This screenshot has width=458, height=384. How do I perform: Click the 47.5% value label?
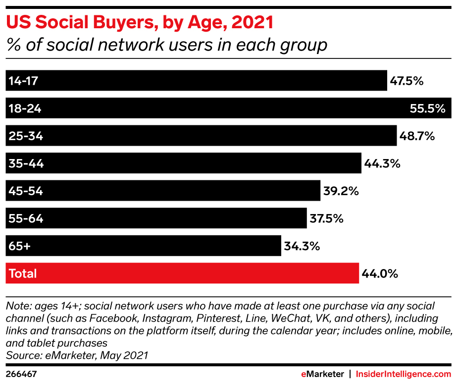407,81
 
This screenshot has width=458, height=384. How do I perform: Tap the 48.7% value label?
417,136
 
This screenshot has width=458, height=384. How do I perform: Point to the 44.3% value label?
382,164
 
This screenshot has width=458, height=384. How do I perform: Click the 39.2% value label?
341,191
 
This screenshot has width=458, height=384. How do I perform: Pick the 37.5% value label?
327,219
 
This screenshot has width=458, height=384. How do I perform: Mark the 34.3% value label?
302,246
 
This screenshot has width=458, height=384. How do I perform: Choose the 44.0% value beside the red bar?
380,273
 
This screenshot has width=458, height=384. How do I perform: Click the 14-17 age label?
24,81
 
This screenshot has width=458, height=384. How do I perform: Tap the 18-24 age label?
25,109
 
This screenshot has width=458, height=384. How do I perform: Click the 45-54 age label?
26,191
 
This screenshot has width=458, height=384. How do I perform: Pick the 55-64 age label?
26,219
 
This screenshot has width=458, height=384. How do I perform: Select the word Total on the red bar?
23,273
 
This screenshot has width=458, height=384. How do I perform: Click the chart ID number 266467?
21,374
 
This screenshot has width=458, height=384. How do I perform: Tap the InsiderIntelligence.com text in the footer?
404,374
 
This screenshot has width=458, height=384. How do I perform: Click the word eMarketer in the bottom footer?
322,374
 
